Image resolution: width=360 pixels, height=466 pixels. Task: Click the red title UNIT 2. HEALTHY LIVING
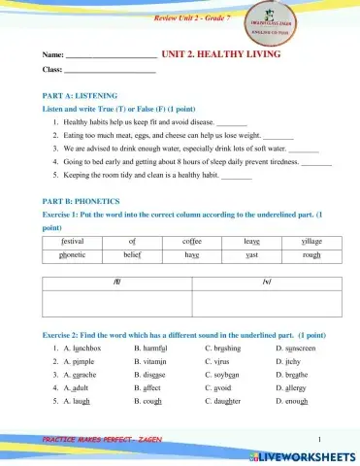tap(220, 55)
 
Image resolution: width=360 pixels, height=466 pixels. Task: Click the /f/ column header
tap(118, 282)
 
